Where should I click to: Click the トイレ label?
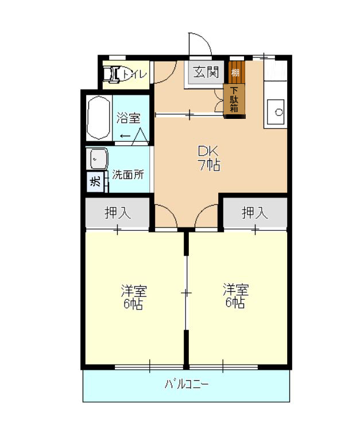pos(134,74)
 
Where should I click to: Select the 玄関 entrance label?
pos(206,72)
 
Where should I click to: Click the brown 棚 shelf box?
pos(237,72)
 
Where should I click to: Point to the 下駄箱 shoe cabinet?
pos(234,100)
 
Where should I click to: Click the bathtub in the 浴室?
pos(98,118)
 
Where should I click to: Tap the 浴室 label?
pos(128,118)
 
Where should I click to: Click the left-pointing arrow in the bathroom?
pos(125,136)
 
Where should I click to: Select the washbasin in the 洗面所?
pos(96,159)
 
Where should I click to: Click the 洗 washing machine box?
pos(95,181)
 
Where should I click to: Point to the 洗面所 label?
pos(128,175)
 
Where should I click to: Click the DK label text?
pos(208,151)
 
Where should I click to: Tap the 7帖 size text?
pos(209,165)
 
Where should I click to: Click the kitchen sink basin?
pos(276,111)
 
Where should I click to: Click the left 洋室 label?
pos(134,291)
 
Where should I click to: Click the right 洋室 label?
pos(235,290)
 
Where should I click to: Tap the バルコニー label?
pos(186,384)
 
